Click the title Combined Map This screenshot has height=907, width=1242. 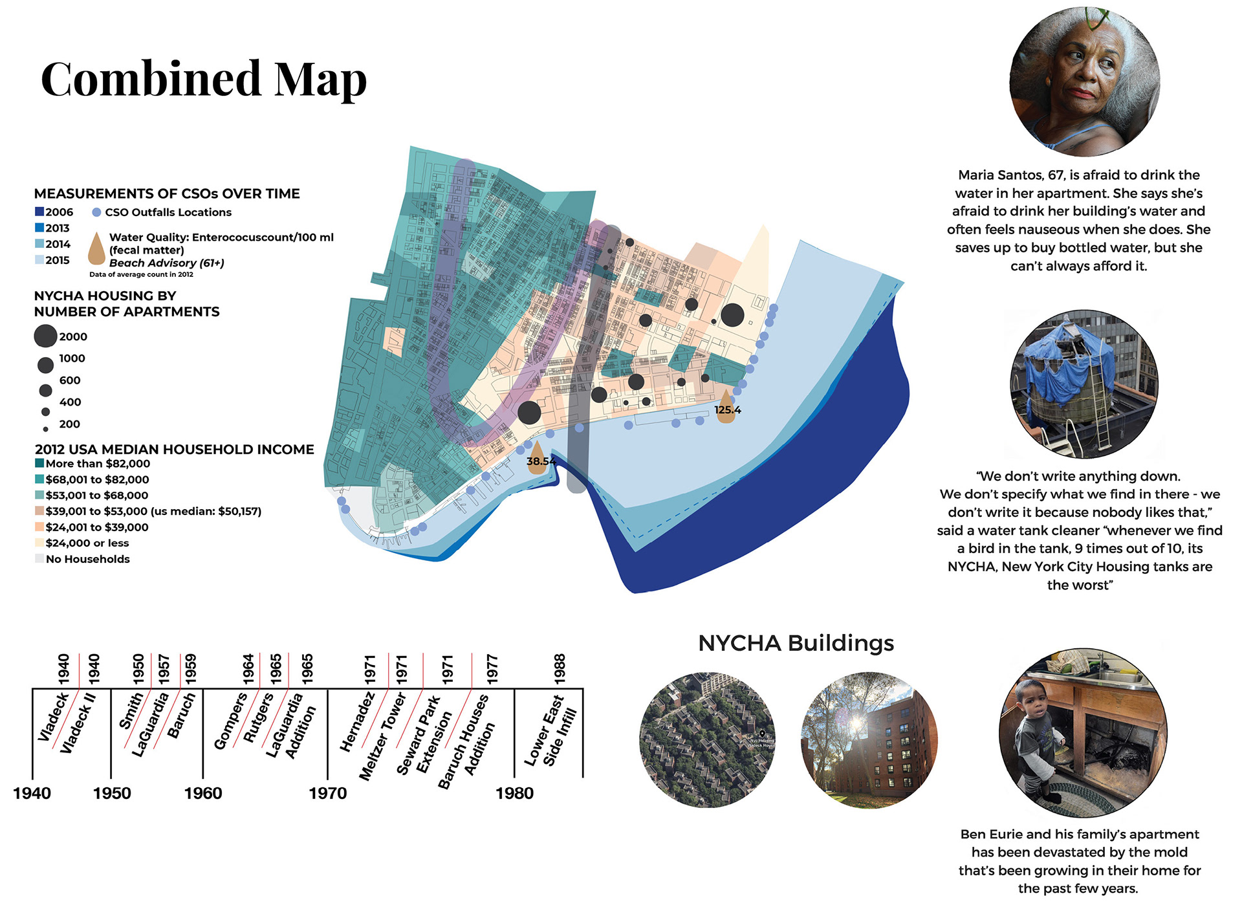coord(204,79)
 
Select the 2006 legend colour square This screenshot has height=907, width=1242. coord(39,212)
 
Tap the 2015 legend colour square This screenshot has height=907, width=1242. coord(39,260)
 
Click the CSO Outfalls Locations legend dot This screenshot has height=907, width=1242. coord(96,212)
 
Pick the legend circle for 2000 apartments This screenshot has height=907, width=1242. coord(45,336)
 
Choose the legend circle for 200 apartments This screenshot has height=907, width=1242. coord(45,429)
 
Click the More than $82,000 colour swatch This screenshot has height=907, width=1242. coord(39,463)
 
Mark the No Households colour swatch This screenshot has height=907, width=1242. coord(39,558)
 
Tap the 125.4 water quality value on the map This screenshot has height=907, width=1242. coord(727,410)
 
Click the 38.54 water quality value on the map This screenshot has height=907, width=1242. coord(541,461)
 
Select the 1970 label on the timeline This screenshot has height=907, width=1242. coord(327,793)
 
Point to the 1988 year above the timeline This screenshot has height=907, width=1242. coord(560,668)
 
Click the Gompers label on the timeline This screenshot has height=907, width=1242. coord(230,721)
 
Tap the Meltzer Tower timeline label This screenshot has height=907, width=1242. coord(382,736)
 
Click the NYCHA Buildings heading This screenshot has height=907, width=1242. coord(796,643)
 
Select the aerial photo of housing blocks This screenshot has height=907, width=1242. coord(706,739)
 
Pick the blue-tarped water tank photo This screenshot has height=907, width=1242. coord(1084,384)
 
